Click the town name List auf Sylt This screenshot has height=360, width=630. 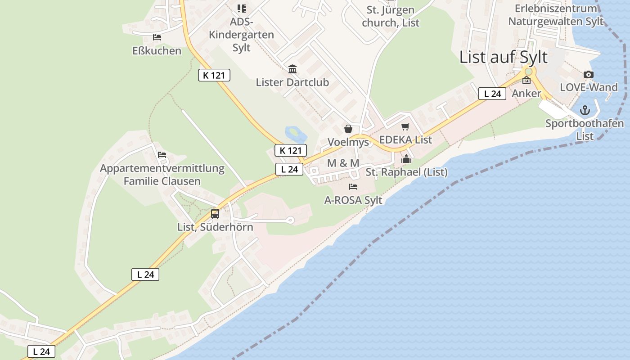click(x=503, y=57)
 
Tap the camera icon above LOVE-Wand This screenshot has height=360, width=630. click(x=588, y=75)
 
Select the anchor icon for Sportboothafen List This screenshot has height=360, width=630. click(x=585, y=110)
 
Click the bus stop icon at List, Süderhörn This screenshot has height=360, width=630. click(x=215, y=214)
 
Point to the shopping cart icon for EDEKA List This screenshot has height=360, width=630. click(x=405, y=127)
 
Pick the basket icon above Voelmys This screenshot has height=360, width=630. click(x=348, y=129)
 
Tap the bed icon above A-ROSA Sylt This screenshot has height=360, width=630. click(x=353, y=187)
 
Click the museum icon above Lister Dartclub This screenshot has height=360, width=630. click(x=292, y=69)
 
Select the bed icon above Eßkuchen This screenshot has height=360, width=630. click(x=157, y=37)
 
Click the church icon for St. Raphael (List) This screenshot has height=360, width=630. click(x=406, y=159)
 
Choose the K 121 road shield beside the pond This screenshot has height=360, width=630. click(x=290, y=150)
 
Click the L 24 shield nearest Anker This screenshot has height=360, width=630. click(x=492, y=94)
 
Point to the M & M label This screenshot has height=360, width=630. click(x=343, y=163)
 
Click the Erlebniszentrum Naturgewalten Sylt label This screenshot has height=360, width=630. click(x=555, y=15)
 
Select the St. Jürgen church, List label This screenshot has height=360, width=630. click(x=391, y=16)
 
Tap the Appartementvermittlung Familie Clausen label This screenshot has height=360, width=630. click(x=162, y=175)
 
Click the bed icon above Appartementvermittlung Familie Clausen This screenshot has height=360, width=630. click(x=162, y=155)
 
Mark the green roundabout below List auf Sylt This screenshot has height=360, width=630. click(x=528, y=72)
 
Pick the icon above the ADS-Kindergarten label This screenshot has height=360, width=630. click(x=242, y=9)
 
